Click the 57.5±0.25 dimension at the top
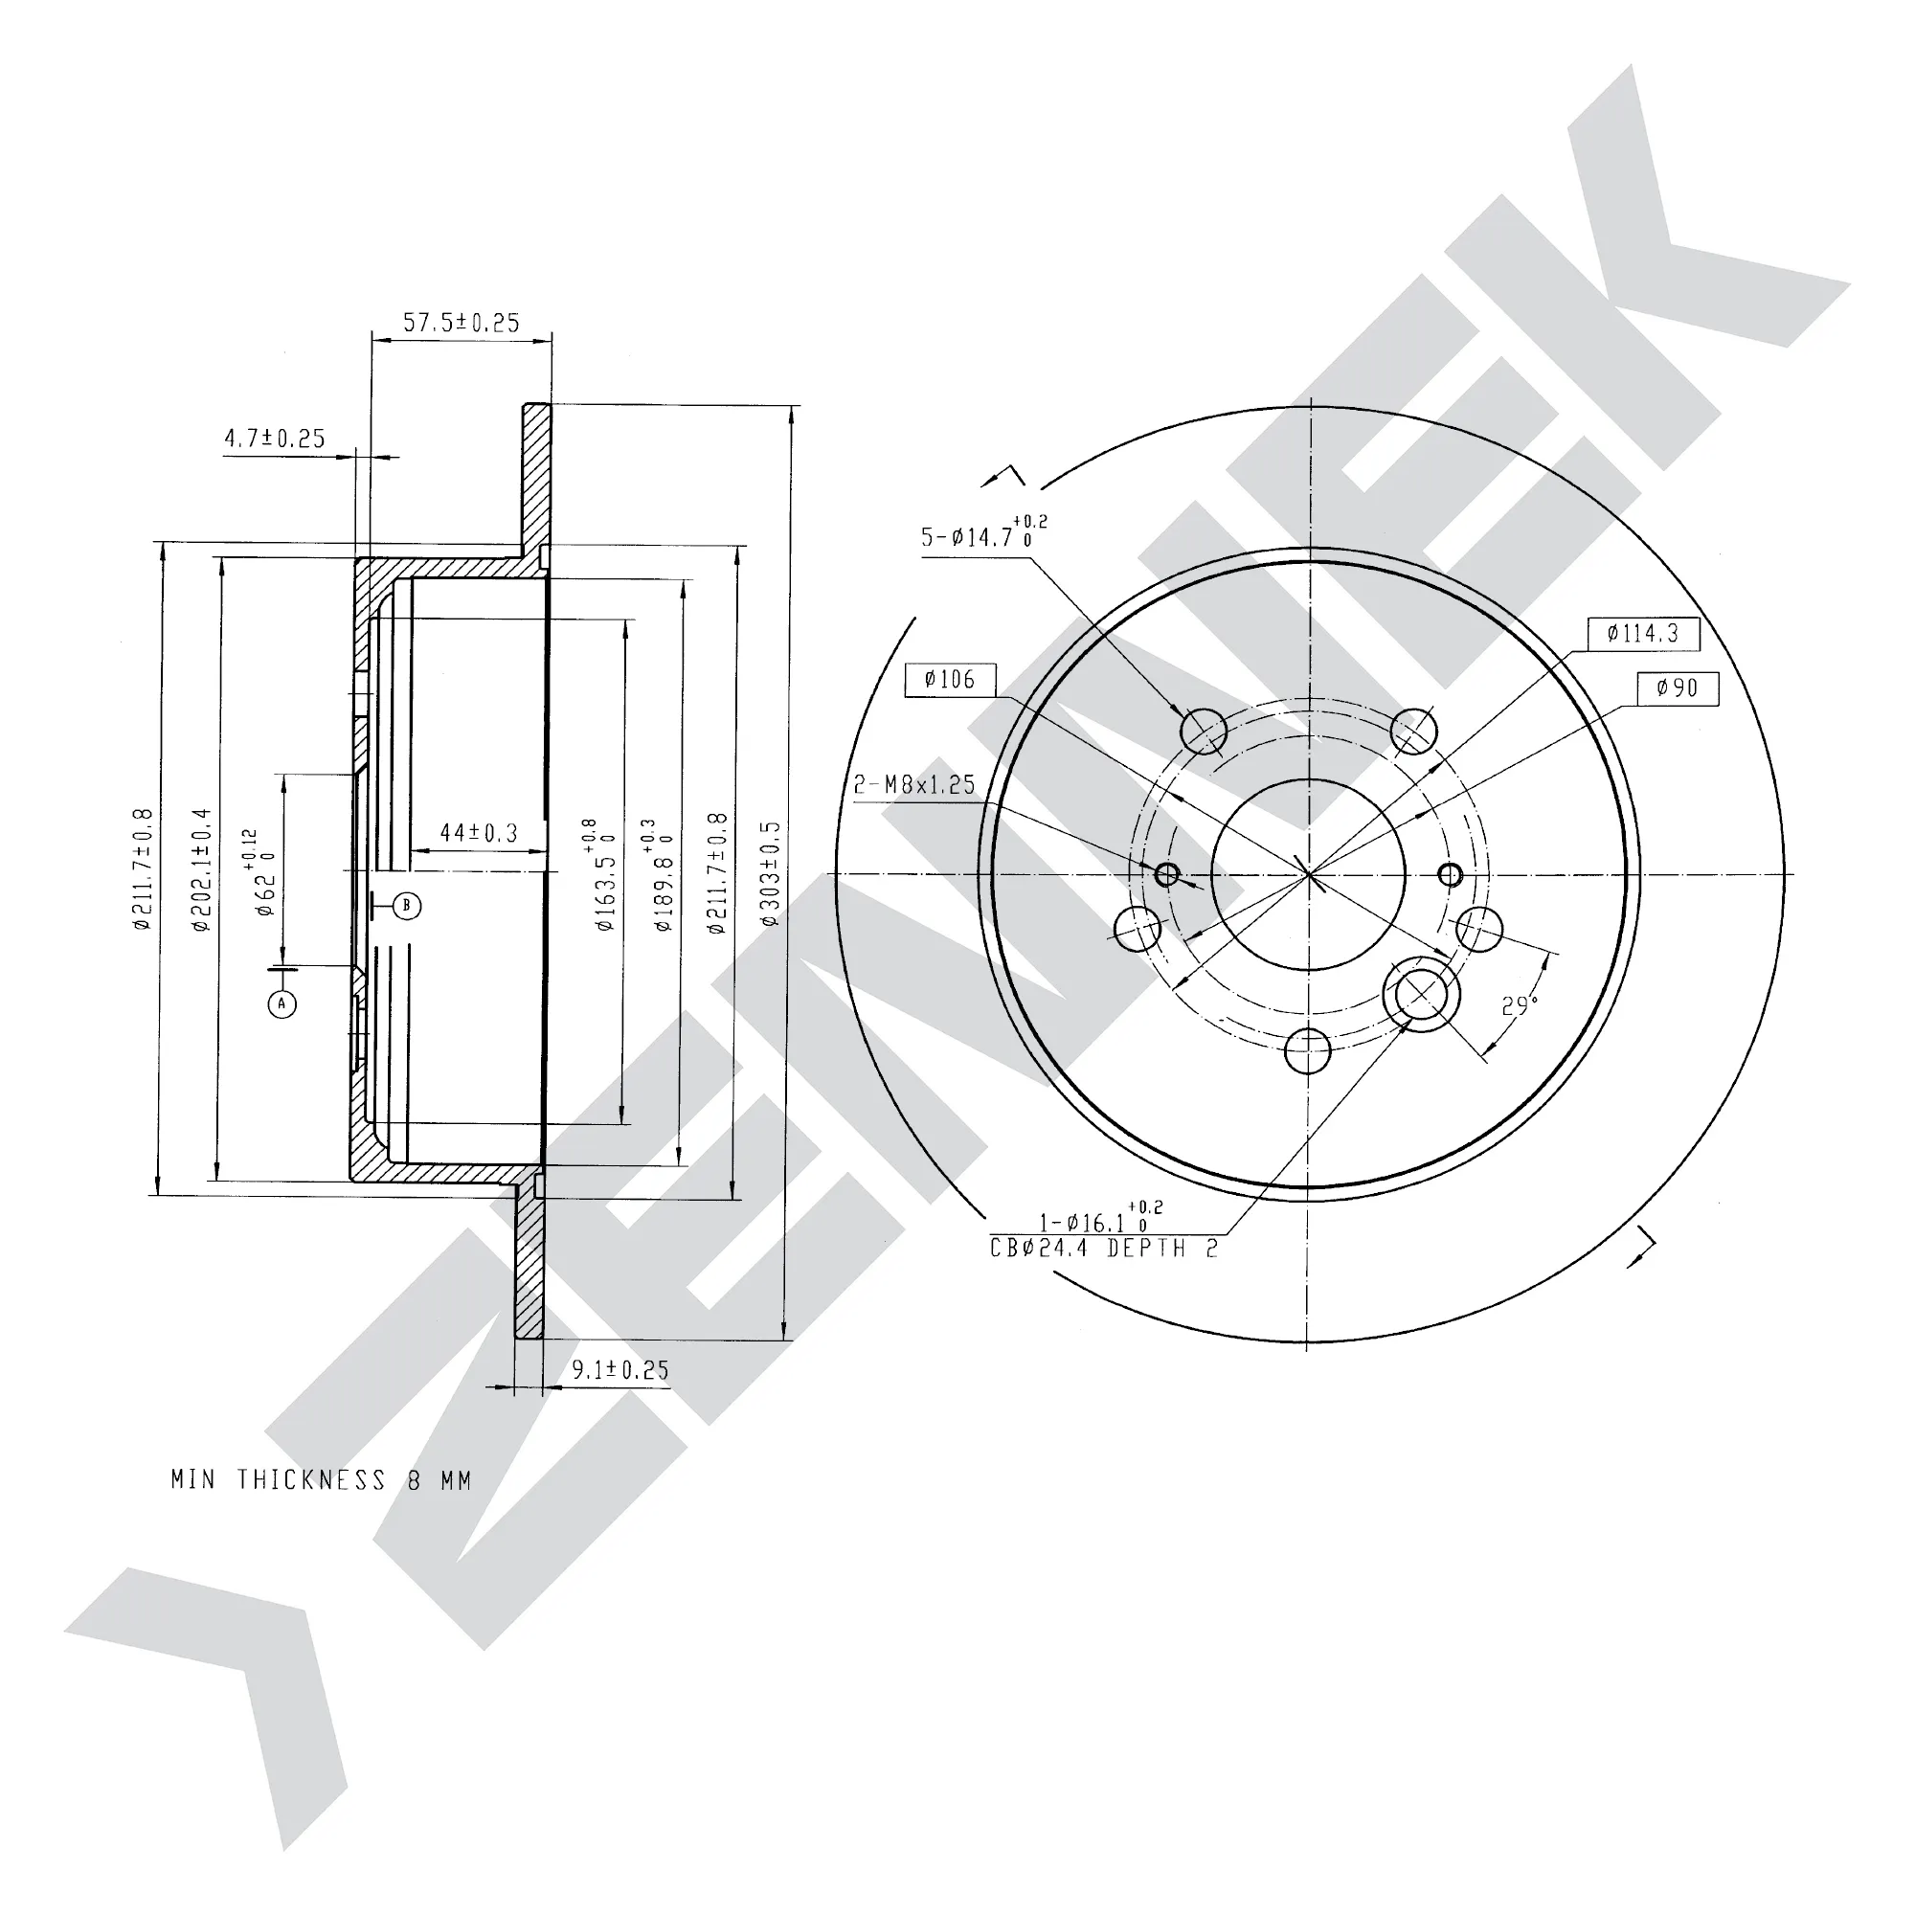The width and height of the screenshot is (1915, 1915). [461, 322]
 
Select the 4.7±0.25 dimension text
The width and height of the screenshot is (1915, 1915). [275, 439]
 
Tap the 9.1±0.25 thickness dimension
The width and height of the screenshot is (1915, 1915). [620, 1370]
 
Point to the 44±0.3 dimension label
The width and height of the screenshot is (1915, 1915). [479, 833]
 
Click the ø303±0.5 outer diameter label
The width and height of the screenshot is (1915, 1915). [771, 873]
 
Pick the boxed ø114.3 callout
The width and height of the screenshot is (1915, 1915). [1643, 633]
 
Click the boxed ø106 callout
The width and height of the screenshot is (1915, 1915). [950, 680]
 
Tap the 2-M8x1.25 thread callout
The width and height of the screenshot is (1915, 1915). [914, 785]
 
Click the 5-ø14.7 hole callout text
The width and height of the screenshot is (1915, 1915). [983, 533]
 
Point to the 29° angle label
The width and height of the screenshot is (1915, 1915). [1520, 1006]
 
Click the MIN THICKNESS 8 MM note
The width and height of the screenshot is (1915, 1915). [321, 1480]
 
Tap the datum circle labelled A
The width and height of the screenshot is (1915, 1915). [282, 1004]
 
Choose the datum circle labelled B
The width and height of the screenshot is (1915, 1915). [406, 905]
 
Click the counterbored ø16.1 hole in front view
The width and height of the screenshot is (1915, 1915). [1421, 993]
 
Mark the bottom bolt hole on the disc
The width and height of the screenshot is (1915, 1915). [1308, 1050]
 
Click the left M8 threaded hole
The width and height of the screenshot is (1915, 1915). [1167, 873]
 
